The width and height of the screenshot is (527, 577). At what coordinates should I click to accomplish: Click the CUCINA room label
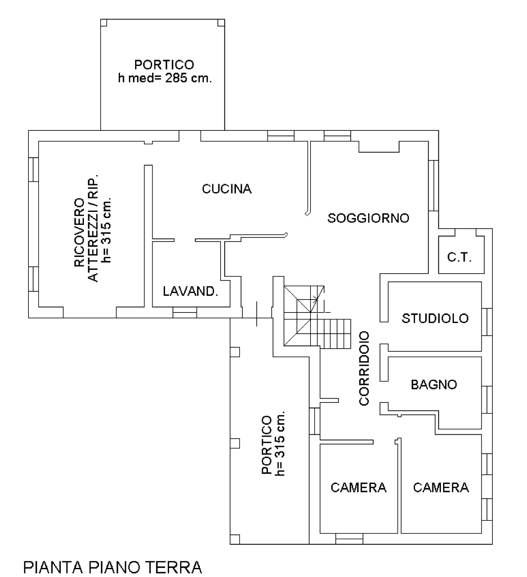tap(226, 189)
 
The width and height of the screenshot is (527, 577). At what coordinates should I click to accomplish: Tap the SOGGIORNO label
tap(368, 218)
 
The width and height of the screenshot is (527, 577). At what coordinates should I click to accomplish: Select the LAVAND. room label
tap(190, 291)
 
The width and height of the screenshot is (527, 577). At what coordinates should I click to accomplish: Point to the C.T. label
tap(459, 257)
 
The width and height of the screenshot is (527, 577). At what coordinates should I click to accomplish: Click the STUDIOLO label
tap(435, 318)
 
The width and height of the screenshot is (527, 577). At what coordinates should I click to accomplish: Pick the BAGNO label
tap(434, 384)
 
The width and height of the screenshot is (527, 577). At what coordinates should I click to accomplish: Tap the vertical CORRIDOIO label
tap(364, 369)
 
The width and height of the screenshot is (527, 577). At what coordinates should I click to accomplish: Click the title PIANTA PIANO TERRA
tap(113, 567)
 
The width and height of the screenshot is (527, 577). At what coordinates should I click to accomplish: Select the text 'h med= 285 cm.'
tap(165, 78)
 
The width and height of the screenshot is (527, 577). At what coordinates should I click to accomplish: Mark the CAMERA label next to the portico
tap(358, 487)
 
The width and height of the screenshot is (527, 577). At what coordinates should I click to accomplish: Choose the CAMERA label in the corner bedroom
tap(441, 487)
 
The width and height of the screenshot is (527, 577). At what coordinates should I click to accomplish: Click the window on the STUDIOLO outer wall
tap(487, 322)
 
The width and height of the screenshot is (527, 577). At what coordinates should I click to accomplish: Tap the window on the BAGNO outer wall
tap(487, 400)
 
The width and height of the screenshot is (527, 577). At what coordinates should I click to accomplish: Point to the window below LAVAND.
tap(185, 312)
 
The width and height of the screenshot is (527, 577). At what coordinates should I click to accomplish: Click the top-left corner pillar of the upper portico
tap(104, 23)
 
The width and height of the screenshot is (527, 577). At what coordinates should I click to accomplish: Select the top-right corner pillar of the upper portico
tap(221, 23)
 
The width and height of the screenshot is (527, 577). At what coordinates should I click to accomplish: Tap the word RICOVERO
tap(79, 233)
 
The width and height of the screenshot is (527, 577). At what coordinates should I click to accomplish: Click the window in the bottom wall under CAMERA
tap(350, 539)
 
